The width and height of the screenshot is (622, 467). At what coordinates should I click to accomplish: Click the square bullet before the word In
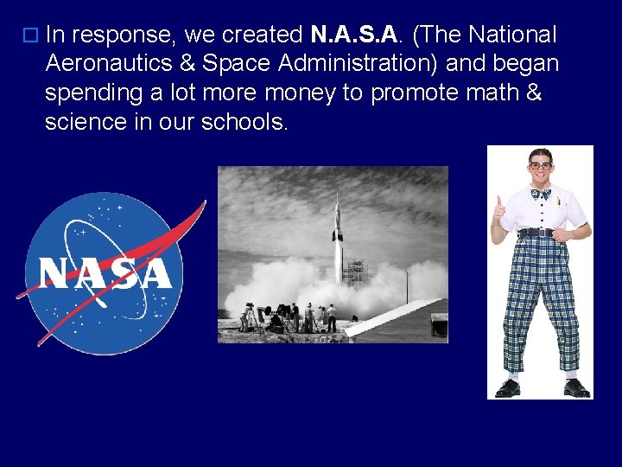[31, 36]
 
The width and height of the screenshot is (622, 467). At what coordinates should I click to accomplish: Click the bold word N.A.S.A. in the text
[355, 35]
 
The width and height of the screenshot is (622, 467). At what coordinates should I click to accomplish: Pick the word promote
[410, 93]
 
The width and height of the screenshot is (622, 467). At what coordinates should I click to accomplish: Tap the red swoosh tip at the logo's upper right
[200, 208]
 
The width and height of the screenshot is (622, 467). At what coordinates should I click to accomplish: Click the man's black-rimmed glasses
[540, 165]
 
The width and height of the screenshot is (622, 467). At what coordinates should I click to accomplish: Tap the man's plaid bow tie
[541, 194]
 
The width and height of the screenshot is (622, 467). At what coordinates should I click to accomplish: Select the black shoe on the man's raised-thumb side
[508, 387]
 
